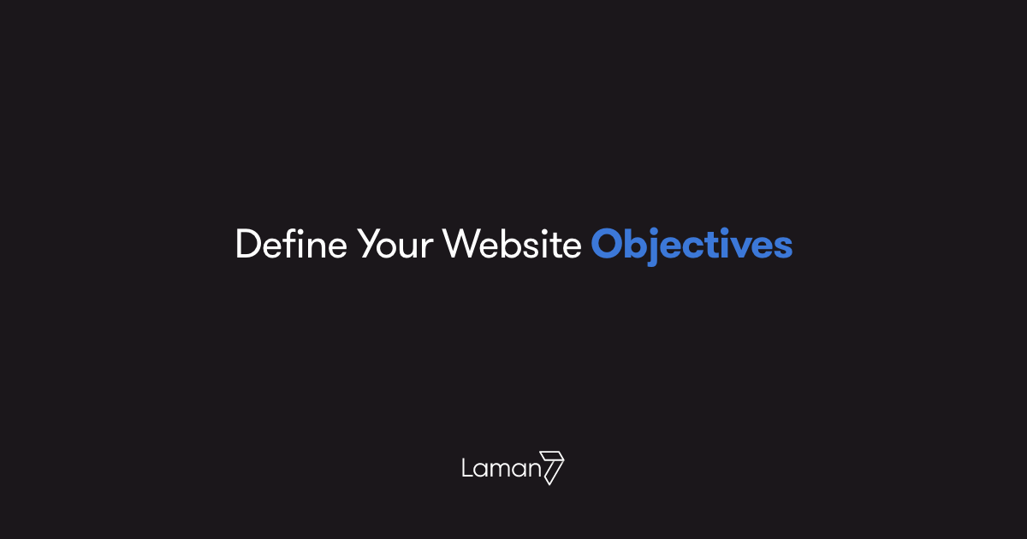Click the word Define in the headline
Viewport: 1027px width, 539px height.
tap(291, 245)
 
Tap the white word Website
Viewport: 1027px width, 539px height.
tap(512, 245)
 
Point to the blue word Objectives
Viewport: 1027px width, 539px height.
tap(692, 245)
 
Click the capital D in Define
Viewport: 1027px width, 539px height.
tap(247, 245)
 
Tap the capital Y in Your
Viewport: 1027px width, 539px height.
tap(369, 245)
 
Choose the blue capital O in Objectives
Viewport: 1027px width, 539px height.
tap(608, 245)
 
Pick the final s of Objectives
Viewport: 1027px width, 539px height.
tap(782, 248)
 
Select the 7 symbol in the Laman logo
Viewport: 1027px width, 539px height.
tap(554, 467)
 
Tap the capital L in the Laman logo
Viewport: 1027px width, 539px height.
tap(467, 468)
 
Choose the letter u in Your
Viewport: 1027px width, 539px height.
tap(410, 248)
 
